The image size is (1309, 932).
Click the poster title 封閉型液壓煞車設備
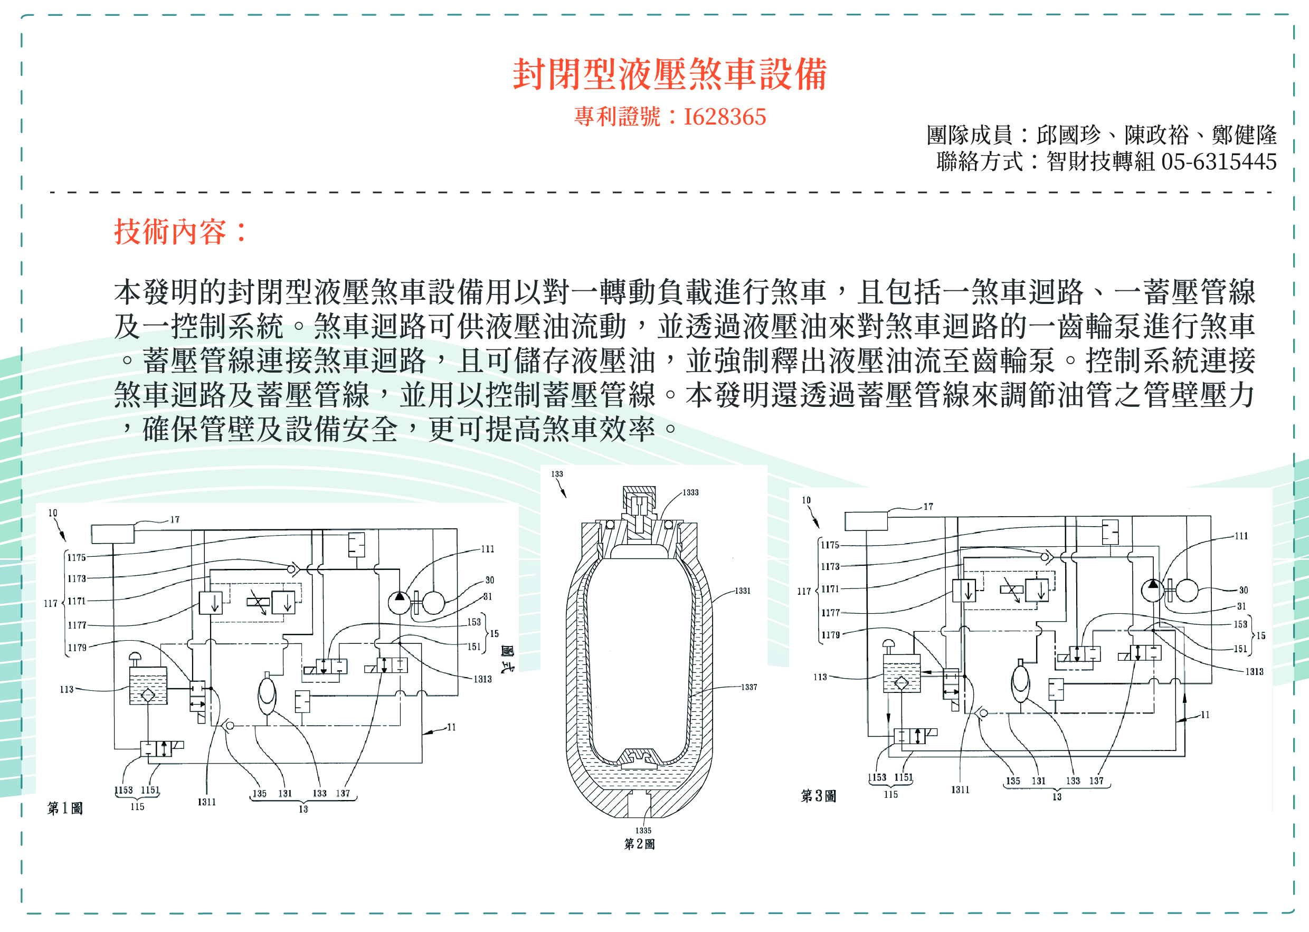pos(669,74)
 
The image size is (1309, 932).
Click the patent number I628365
pos(724,117)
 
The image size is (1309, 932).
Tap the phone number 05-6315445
pos(1218,162)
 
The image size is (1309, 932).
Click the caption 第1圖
pos(65,808)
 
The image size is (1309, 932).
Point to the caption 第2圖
pos(639,844)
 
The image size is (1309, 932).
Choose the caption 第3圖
pos(818,795)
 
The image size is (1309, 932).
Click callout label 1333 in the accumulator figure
pos(690,492)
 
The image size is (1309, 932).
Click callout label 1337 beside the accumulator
pos(749,687)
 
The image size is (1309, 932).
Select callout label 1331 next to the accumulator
pos(743,591)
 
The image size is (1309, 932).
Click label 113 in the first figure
pos(67,689)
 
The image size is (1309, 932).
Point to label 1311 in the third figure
pos(960,790)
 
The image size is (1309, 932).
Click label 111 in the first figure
pos(487,549)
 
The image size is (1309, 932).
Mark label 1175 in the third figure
pos(830,545)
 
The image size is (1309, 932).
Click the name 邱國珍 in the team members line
pos(1068,136)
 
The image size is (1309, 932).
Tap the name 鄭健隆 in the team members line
pos(1244,136)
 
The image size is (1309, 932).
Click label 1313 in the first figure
pos(482,679)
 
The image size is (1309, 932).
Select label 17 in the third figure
pos(928,507)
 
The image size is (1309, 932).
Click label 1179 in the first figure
pos(77,648)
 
